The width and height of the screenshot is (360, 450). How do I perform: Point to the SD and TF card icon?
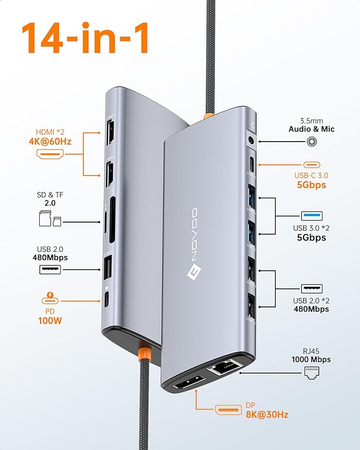[50, 218]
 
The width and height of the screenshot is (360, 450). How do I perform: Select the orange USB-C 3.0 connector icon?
[311, 164]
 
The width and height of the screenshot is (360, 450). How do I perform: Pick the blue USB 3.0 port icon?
[311, 215]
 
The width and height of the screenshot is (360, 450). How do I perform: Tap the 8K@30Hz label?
[267, 414]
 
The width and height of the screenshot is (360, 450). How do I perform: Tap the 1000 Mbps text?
[311, 359]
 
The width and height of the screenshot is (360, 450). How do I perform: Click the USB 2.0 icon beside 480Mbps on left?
[50, 269]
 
